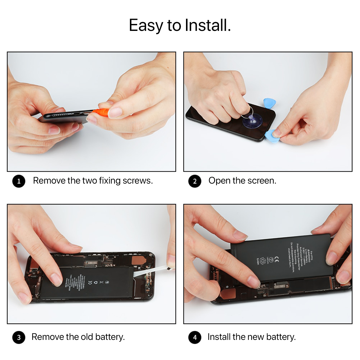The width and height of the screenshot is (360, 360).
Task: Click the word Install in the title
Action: click(x=207, y=25)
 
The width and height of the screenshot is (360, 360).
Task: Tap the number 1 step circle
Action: click(x=19, y=181)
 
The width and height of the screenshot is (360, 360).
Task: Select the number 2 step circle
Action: click(x=195, y=181)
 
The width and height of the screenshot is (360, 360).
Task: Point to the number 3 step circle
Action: click(x=19, y=337)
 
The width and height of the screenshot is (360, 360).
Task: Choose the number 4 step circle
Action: click(x=195, y=337)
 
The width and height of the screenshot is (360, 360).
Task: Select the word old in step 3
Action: click(x=87, y=337)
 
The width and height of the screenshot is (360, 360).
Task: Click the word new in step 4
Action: click(x=256, y=337)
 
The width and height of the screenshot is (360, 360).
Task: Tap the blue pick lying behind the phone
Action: click(x=270, y=103)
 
